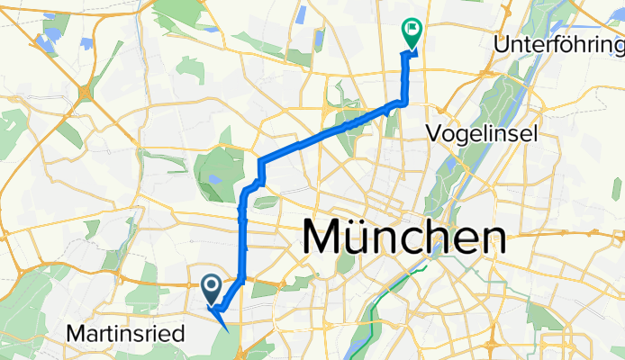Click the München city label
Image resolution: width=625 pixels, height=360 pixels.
[x=403, y=239]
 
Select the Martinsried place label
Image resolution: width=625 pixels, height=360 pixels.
[x=125, y=334]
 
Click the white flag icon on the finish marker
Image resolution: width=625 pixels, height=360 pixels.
[x=412, y=29]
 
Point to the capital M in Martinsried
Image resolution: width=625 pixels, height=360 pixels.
[x=75, y=334]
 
